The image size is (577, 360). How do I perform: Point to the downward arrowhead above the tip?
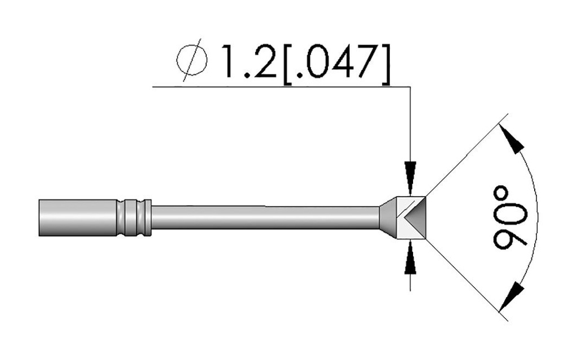point(411,171)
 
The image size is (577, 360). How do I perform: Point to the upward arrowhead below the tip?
point(411,262)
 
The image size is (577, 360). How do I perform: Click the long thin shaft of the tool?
point(265,217)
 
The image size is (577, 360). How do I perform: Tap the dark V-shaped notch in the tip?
point(415,217)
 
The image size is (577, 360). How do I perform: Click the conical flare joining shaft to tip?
point(388,217)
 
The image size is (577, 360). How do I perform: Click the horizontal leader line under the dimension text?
point(282,87)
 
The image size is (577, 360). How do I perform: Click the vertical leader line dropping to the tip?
point(411,124)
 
